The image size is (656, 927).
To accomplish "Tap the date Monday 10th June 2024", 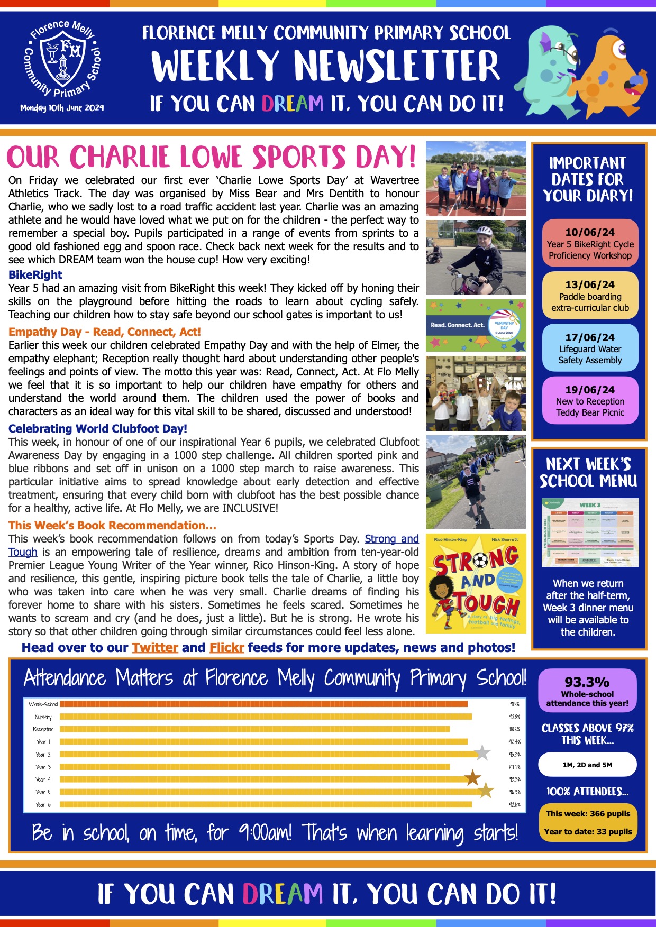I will pos(62,108).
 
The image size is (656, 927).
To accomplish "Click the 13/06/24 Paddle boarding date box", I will pos(590,296).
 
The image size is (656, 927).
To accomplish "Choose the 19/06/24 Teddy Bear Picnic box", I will pos(590,400).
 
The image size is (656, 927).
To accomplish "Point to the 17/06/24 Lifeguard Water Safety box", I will pos(590,348).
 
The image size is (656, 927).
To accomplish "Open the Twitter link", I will pos(154,648).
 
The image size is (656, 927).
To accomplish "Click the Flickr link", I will pos(226,648).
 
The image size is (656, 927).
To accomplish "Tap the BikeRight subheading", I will pos(35,274).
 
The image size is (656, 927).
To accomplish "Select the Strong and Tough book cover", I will pos(476,583).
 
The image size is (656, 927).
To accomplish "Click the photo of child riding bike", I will pos(476,258).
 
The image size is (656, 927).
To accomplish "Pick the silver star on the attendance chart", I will pos(482,752).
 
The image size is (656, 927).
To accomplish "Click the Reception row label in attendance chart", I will pos(43,729).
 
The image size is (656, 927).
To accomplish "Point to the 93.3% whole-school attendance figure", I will pos(587,682).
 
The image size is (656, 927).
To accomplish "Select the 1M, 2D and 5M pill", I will pos(587,765).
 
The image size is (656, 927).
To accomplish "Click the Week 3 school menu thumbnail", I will pos(590,532).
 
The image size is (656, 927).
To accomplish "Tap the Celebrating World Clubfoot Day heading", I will pos(98,428).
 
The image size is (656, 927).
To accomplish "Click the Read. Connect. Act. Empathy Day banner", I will pos(476,325).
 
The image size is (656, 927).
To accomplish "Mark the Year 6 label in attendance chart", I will pos(43,805).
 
